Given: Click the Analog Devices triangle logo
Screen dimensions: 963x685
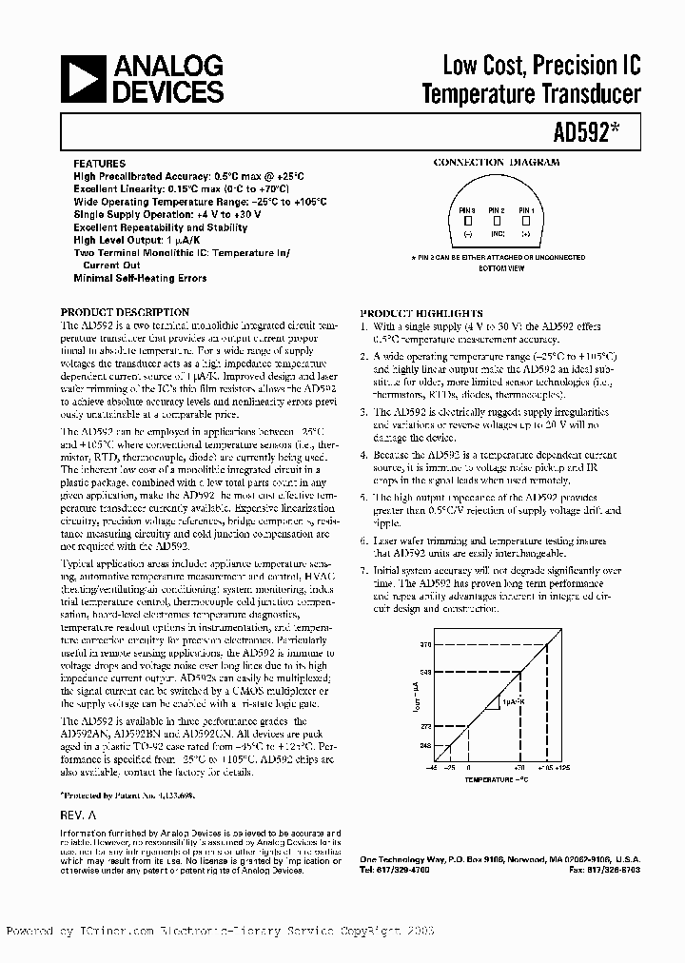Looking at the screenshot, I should [81, 79].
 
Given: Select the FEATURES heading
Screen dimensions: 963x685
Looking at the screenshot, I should [100, 164].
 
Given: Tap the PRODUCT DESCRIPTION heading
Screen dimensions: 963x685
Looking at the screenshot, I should [125, 312].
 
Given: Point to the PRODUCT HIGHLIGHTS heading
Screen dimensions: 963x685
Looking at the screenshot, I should [421, 313].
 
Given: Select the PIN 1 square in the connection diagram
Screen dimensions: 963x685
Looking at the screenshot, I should [526, 221].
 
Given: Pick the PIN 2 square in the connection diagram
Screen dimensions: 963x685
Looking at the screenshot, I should [496, 221].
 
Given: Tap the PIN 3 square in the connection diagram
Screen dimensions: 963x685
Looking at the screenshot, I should [466, 221].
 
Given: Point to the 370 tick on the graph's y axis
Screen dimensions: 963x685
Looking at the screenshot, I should [426, 645].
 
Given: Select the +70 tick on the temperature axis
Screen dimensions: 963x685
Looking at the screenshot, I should [519, 765].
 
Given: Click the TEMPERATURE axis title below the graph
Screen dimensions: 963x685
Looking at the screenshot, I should [495, 779].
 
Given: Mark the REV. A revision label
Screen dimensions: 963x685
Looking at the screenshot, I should [79, 816].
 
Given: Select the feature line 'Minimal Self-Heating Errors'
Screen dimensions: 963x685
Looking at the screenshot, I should [140, 279].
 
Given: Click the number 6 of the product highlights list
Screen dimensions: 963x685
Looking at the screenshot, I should [363, 540].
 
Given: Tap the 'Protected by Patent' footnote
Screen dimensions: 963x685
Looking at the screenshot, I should [127, 793].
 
